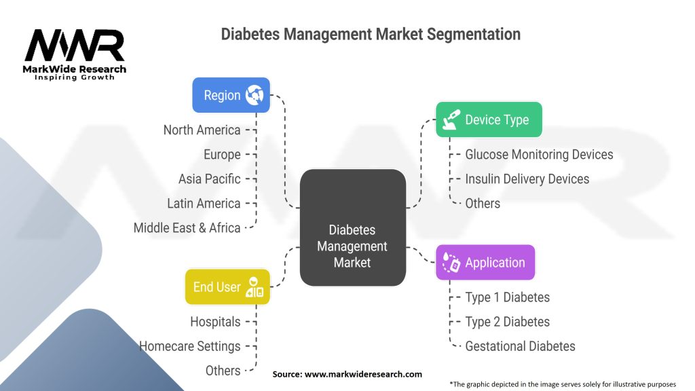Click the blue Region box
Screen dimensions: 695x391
(231, 95)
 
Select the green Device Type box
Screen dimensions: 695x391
(489, 119)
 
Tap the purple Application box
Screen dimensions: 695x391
(485, 263)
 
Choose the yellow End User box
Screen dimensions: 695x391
(227, 287)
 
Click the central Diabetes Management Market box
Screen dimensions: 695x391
(353, 227)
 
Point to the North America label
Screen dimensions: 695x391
(202, 130)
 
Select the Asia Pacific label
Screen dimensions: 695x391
(209, 179)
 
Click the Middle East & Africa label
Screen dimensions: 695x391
(187, 228)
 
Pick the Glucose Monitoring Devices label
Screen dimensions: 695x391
(539, 154)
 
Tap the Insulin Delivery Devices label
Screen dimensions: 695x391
(527, 179)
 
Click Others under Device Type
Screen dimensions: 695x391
(483, 204)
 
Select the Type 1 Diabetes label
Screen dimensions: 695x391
(507, 297)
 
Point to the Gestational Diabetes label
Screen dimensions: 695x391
(520, 346)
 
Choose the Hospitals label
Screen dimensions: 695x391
(215, 322)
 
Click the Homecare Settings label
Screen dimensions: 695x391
(190, 346)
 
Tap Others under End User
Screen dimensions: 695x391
(223, 371)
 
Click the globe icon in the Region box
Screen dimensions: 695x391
(255, 95)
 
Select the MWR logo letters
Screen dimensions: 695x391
(75, 45)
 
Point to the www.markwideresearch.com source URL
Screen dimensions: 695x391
(363, 374)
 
